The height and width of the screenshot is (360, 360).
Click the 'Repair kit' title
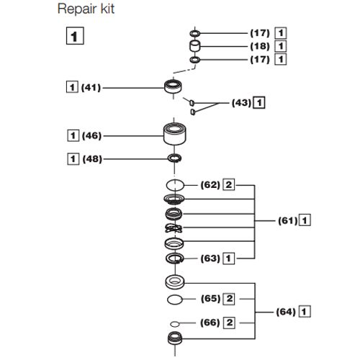[86, 9]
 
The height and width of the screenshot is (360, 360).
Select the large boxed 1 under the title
[75, 36]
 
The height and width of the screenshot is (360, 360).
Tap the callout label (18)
[260, 46]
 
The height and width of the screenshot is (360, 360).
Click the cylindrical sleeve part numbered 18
[194, 46]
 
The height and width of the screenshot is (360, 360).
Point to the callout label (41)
[91, 88]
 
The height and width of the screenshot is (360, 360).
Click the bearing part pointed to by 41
[173, 87]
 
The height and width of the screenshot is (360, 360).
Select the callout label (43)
[241, 103]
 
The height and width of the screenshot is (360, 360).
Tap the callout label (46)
[91, 136]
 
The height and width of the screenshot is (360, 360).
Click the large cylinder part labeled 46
[175, 134]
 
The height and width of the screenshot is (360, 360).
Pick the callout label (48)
[92, 159]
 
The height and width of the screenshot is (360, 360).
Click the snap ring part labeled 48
[174, 158]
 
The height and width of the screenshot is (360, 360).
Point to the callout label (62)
[210, 185]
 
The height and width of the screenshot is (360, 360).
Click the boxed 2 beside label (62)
[229, 185]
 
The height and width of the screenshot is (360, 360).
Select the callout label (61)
[288, 220]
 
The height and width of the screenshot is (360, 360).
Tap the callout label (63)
[210, 258]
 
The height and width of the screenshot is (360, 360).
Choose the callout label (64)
[286, 312]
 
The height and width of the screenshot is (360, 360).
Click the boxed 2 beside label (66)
[229, 323]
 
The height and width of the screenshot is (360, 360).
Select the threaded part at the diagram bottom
[175, 338]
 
